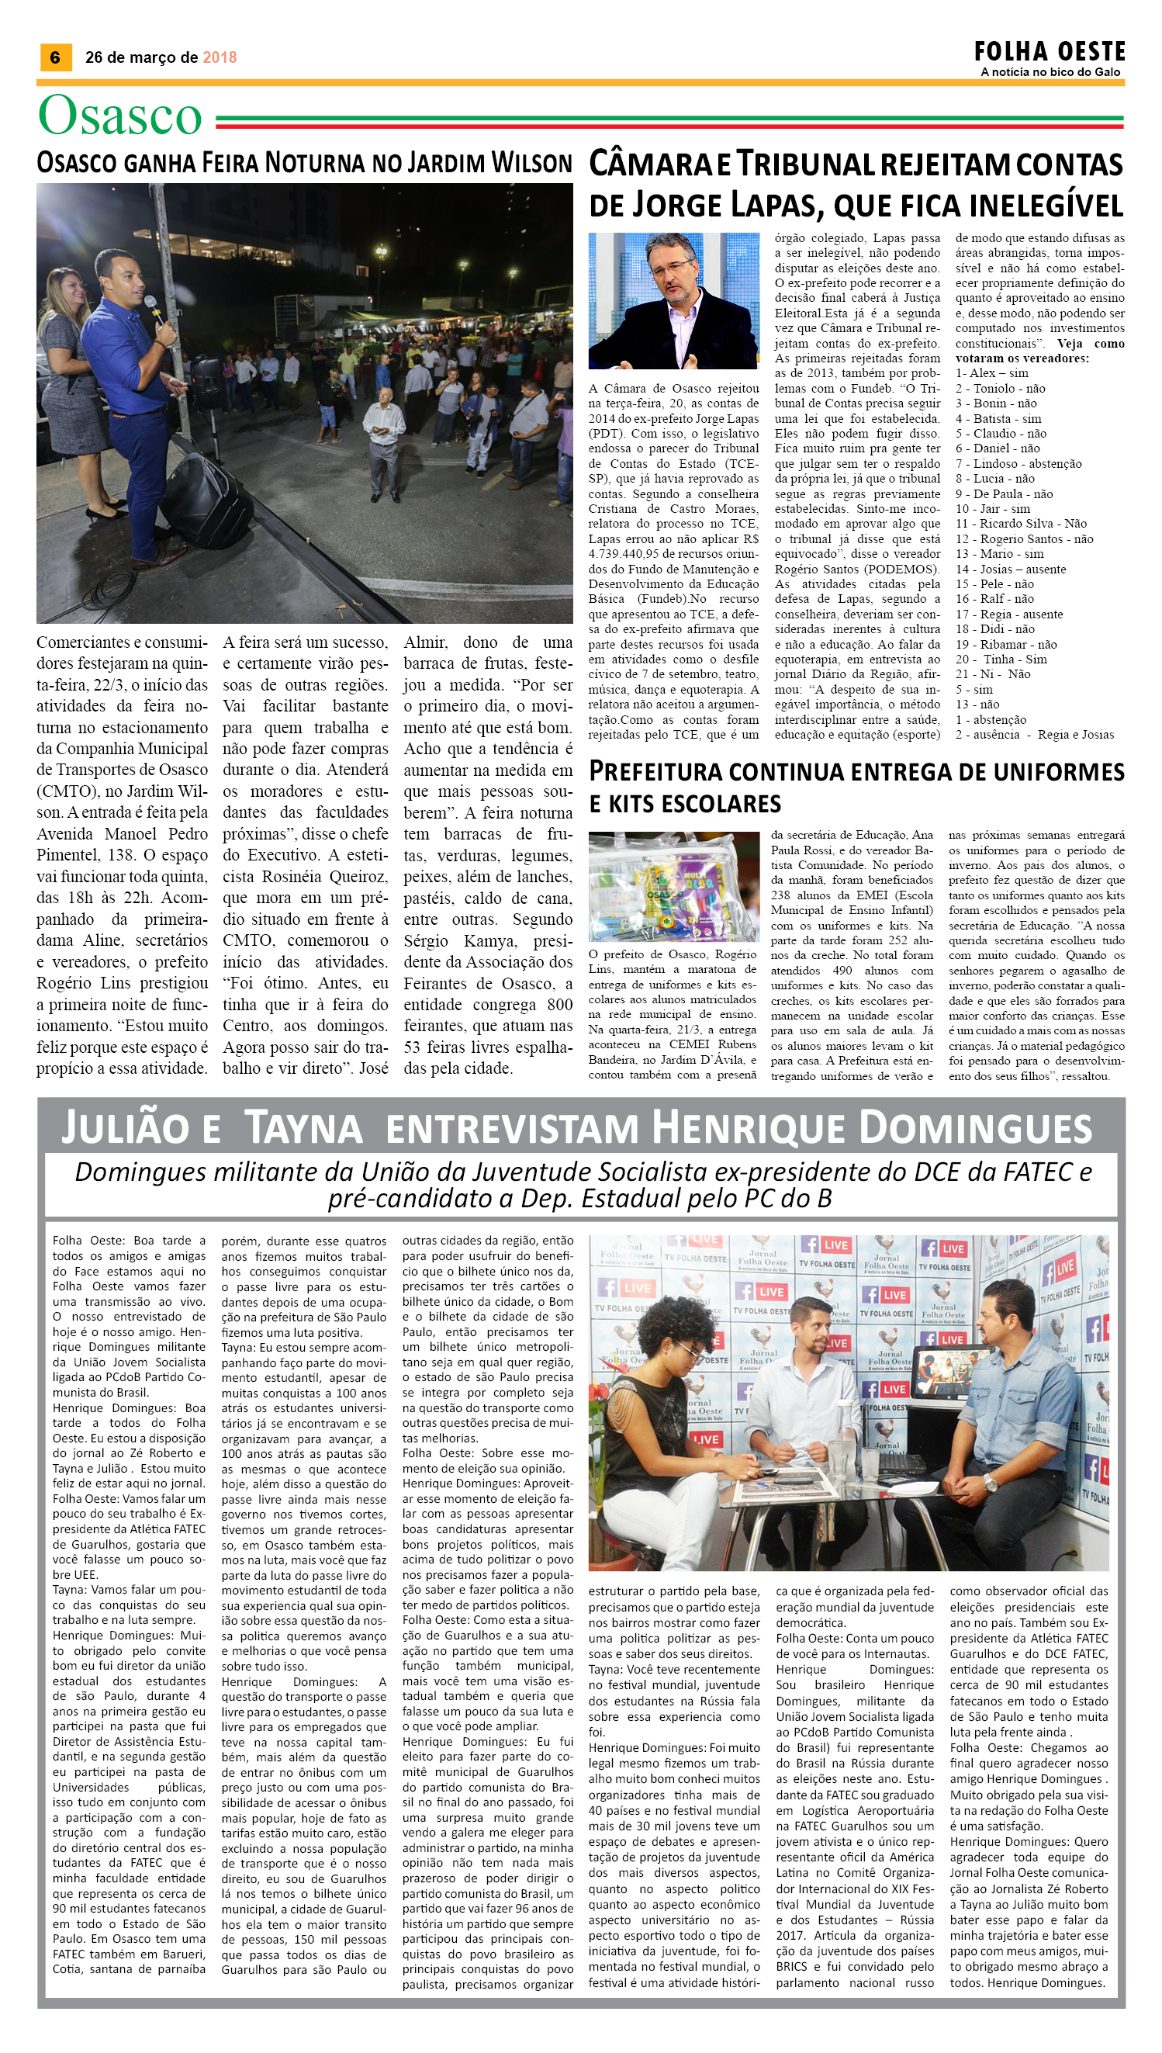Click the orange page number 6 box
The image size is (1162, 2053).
tap(55, 57)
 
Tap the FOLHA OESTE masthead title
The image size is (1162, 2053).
tap(1049, 52)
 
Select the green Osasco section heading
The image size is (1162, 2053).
tap(120, 116)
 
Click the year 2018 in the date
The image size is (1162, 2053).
tap(220, 57)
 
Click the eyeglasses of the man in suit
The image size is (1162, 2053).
tap(672, 266)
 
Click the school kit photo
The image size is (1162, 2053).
tap(673, 886)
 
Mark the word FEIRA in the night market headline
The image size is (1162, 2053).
tap(230, 163)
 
